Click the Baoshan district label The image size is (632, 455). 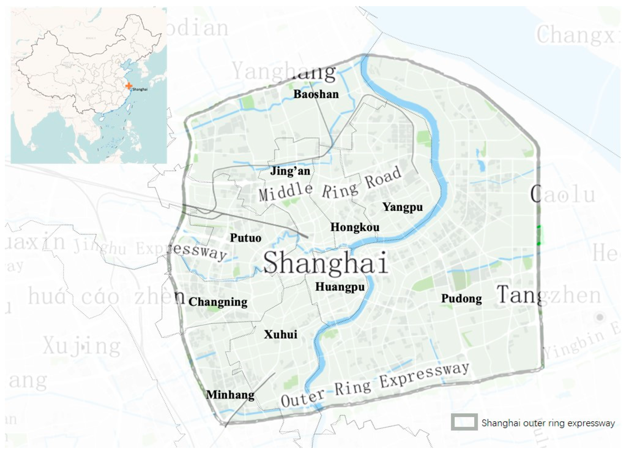(x=316, y=94)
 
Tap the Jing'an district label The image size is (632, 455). (x=290, y=171)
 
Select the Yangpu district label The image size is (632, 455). (x=403, y=207)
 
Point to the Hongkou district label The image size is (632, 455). (x=355, y=227)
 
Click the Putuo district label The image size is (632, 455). (x=245, y=238)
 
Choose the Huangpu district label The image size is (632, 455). (x=340, y=287)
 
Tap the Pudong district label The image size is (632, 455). (x=462, y=299)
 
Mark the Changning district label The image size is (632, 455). (x=218, y=302)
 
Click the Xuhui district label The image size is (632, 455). (x=280, y=334)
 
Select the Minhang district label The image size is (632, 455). (x=230, y=395)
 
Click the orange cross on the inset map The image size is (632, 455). (x=128, y=86)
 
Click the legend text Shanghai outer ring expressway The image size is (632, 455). (x=548, y=423)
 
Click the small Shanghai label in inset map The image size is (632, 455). (x=140, y=89)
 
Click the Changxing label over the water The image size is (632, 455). (x=578, y=35)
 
